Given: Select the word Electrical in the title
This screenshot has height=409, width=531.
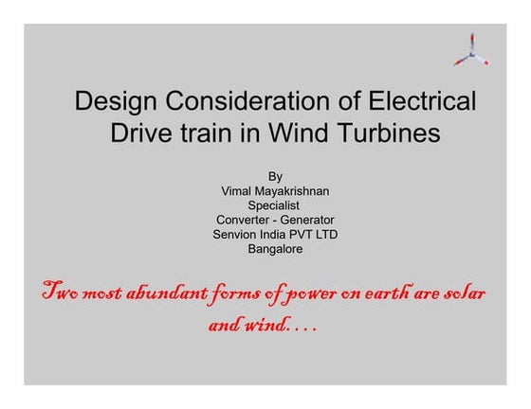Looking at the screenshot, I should click(420, 100).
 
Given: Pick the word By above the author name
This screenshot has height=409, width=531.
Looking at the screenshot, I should click(275, 175).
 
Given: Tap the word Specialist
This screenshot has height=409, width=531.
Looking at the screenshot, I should click(274, 204).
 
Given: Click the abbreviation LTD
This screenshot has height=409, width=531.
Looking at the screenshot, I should click(324, 235).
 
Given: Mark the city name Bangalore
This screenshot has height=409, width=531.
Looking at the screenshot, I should click(274, 250).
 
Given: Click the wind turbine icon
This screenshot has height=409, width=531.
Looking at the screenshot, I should click(471, 50).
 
